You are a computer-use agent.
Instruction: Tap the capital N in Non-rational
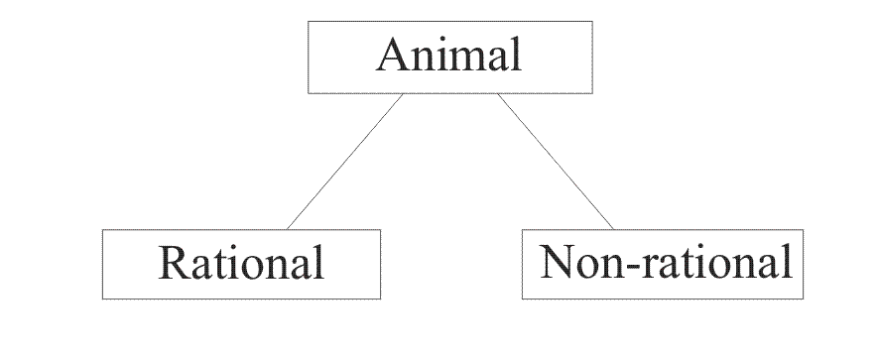[x=558, y=263]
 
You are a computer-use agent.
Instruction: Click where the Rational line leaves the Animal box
[x=404, y=92]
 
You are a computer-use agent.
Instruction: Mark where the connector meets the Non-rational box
[x=613, y=229]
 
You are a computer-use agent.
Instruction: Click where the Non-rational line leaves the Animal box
[x=497, y=92]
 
